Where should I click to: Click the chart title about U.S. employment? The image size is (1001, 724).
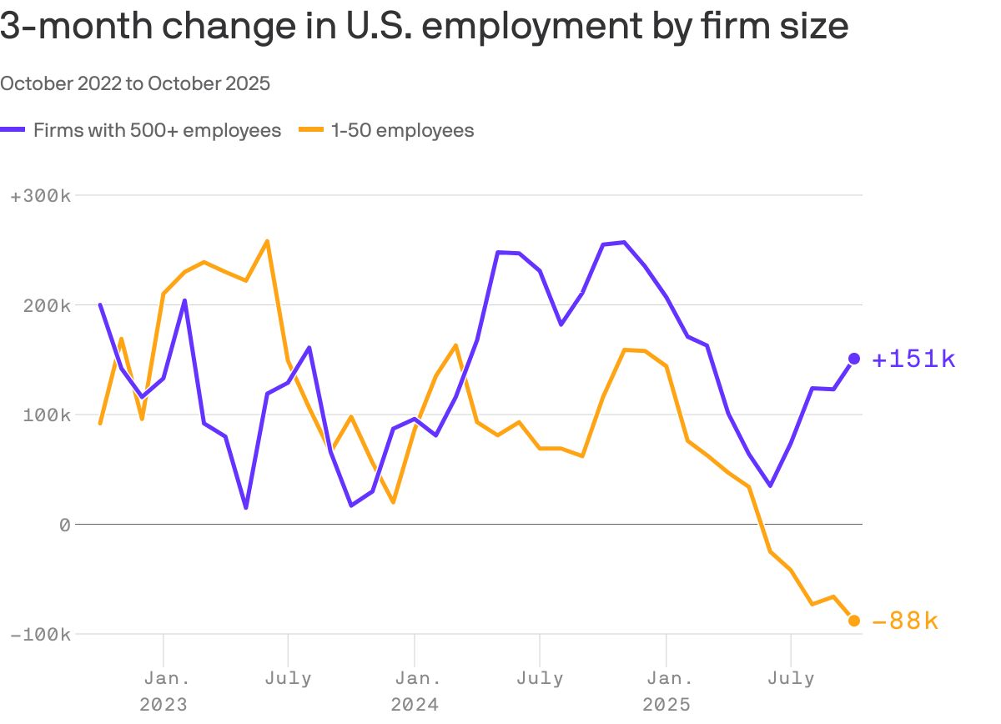(424, 26)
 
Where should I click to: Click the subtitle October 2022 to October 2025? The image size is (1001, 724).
(135, 83)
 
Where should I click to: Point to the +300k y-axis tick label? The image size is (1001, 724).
(40, 196)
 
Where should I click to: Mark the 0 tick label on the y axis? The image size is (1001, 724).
(64, 525)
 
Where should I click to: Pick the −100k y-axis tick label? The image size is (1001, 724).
(40, 634)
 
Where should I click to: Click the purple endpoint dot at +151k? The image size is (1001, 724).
(854, 359)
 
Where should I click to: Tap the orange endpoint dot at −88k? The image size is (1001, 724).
(854, 621)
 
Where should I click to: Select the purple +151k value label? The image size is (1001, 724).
(913, 359)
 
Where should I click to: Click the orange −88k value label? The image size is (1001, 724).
(905, 621)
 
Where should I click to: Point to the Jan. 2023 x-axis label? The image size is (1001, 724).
(163, 691)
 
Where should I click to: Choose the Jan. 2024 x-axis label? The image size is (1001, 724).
(415, 691)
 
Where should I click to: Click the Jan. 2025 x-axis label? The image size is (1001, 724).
(666, 691)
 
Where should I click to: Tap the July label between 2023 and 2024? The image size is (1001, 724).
(288, 678)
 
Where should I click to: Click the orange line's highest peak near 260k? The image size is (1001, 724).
(267, 241)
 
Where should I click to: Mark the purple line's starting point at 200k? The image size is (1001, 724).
(100, 304)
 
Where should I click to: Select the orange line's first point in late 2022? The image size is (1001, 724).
(100, 424)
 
